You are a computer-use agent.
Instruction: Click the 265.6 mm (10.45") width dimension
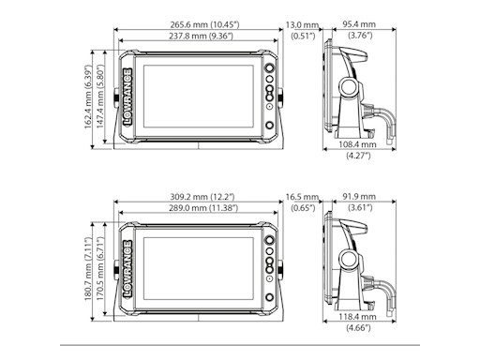[204, 24]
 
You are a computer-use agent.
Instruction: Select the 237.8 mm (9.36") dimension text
[202, 36]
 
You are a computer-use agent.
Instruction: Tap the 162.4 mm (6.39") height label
[88, 97]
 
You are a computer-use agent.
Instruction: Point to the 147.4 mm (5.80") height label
[99, 97]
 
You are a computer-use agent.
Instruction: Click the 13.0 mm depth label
[302, 24]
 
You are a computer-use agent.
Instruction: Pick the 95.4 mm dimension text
[359, 24]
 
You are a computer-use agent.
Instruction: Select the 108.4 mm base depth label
[357, 144]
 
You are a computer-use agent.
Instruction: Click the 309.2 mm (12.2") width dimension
[202, 197]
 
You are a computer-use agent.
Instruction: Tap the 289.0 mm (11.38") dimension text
[203, 208]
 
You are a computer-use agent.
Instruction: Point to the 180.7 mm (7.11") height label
[88, 269]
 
